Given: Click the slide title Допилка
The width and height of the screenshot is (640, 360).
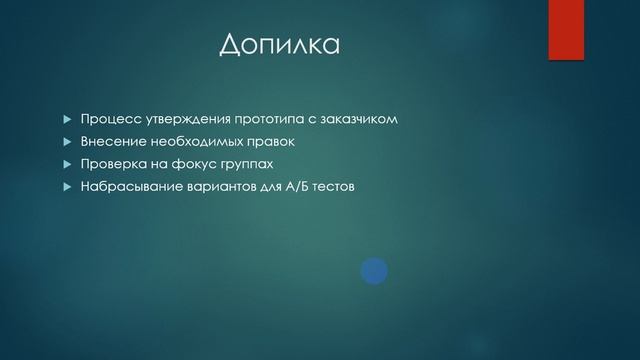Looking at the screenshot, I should coord(279,46).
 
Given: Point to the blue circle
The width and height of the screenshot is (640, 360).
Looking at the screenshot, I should coord(374,269).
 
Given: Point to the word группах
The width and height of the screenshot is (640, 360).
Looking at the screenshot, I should coord(242,164).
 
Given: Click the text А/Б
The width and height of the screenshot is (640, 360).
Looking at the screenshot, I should coord(297,185).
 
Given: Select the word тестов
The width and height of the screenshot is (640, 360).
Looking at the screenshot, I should coord(335,185).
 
